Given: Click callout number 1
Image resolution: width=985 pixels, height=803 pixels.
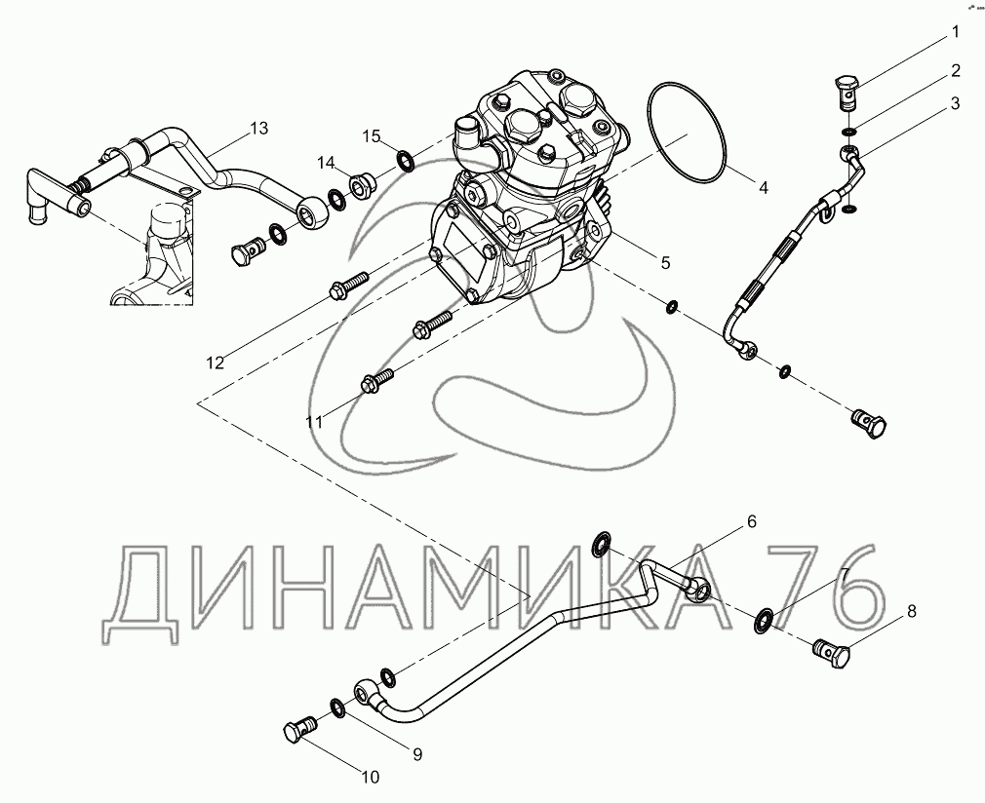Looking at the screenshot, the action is (x=956, y=32).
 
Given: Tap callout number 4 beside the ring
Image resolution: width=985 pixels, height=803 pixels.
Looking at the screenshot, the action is (x=764, y=187).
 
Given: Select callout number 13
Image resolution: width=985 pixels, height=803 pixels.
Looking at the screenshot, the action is (x=258, y=128).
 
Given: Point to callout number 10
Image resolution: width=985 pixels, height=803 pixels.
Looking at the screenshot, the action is (x=371, y=778).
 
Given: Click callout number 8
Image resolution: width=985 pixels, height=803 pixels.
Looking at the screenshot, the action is (x=912, y=611).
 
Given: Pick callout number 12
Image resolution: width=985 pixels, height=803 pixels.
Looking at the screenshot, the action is (x=215, y=363).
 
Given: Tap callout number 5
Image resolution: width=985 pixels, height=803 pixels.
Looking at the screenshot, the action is (x=665, y=262).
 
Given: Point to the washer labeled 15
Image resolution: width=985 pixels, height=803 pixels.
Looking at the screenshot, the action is (x=405, y=160).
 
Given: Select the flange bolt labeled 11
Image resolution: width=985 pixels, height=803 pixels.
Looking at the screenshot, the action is (x=376, y=378).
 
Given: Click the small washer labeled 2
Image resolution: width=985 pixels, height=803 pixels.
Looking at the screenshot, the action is (x=848, y=132).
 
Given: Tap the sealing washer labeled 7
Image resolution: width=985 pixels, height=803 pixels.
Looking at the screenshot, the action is (x=763, y=620).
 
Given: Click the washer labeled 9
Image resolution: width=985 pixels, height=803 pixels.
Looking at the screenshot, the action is (x=337, y=708).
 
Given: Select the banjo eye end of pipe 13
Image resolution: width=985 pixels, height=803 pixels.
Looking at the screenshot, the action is (x=313, y=212).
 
